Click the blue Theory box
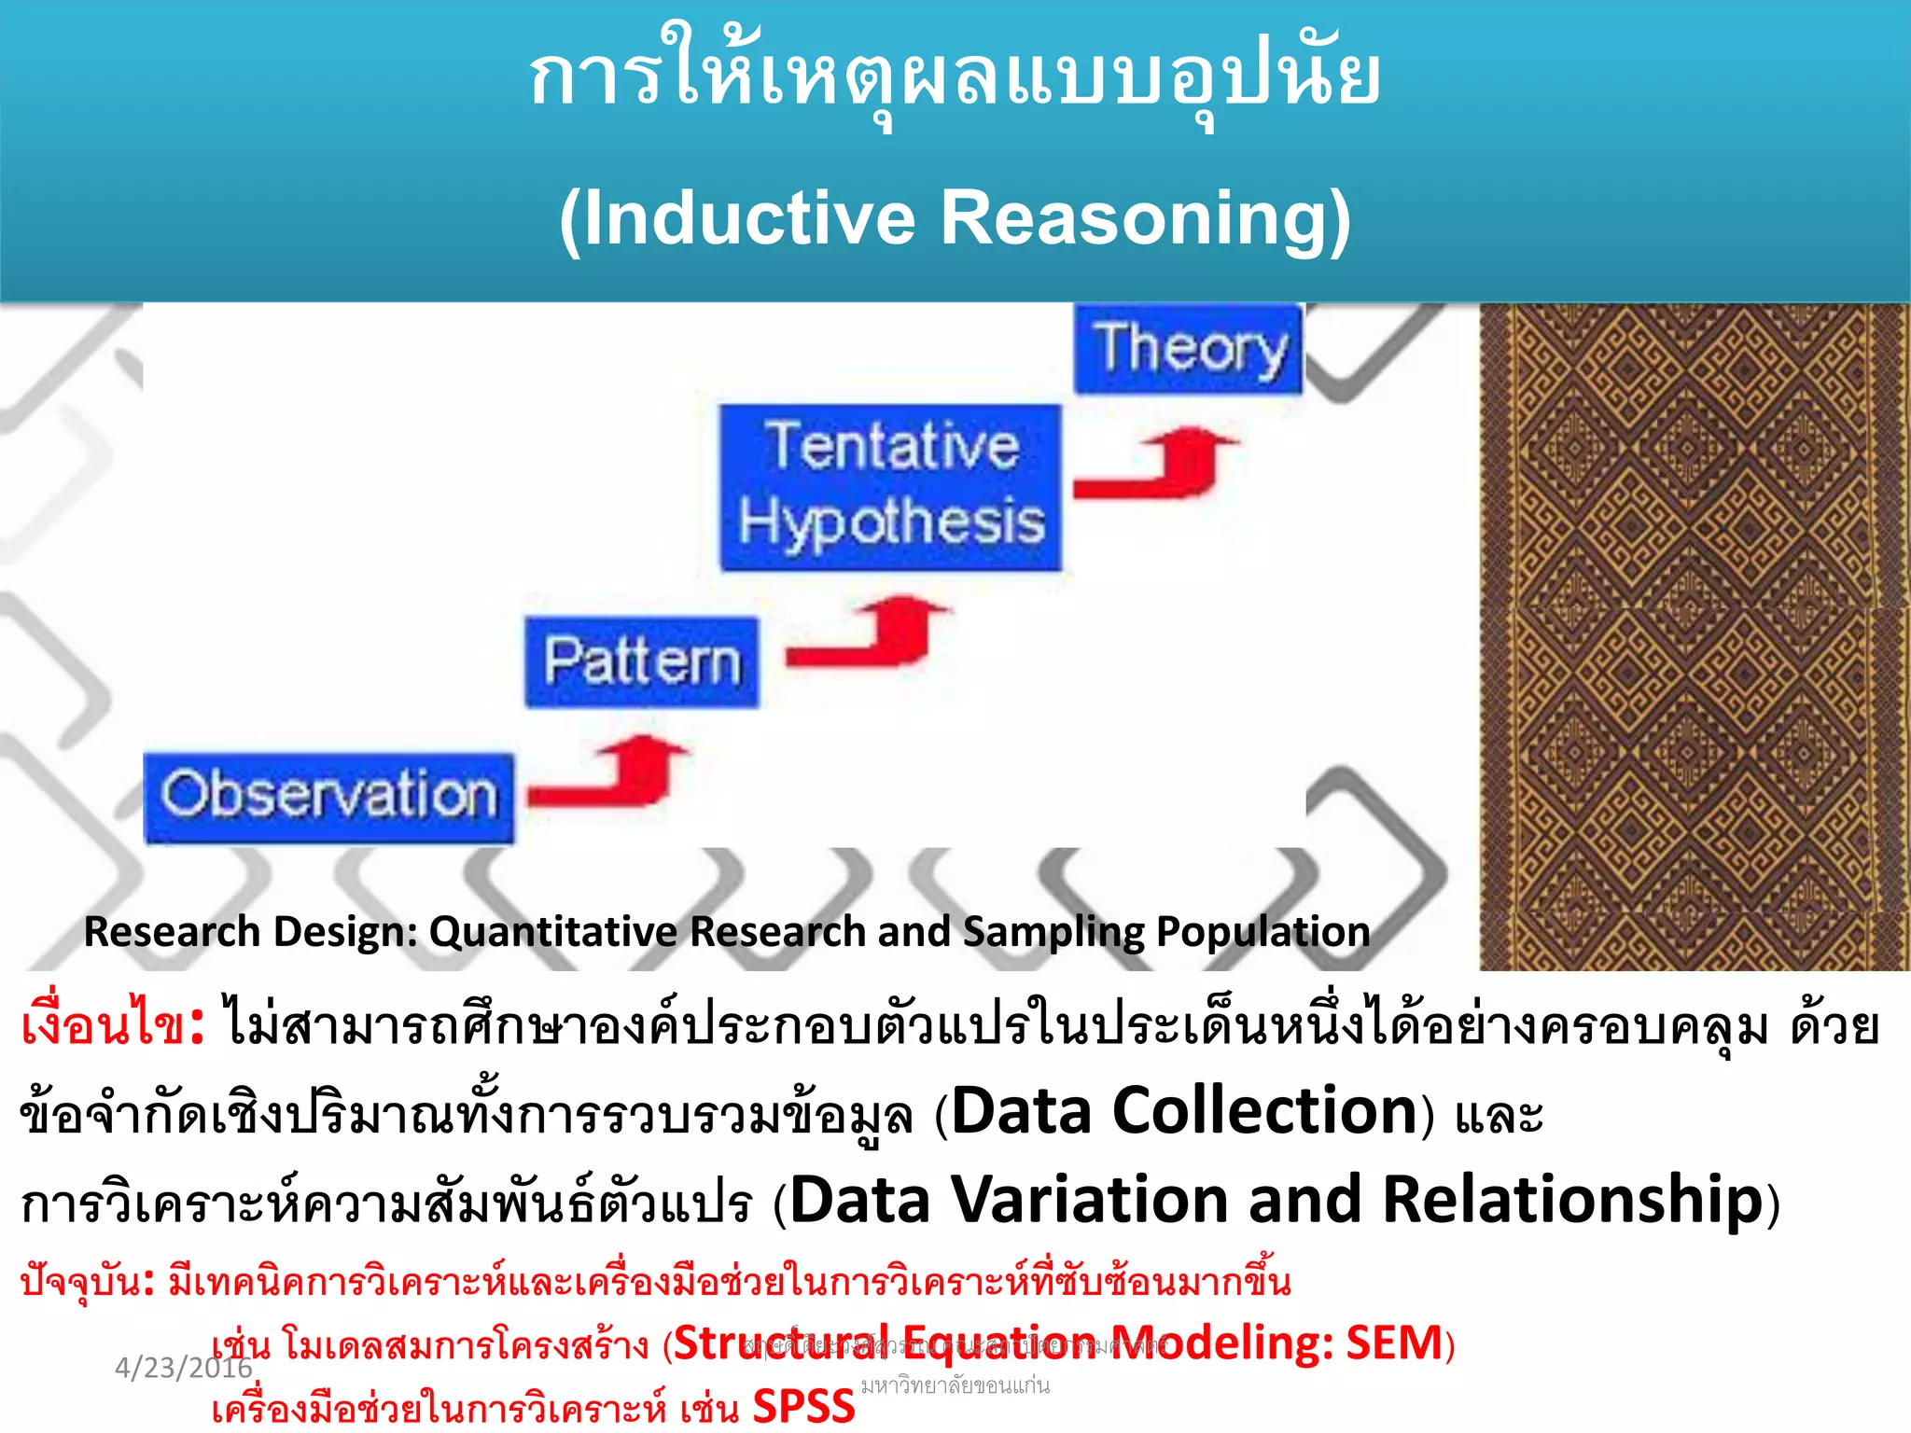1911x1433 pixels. pyautogui.click(x=1187, y=349)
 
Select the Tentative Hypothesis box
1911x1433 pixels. pyautogui.click(x=890, y=487)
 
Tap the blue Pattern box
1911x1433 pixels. pyautogui.click(x=642, y=662)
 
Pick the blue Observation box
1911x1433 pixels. pyautogui.click(x=328, y=797)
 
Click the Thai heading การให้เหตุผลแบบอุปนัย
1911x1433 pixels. pyautogui.click(x=954, y=78)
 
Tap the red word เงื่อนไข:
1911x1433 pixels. pyautogui.click(x=112, y=1026)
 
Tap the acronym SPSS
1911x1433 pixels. pyautogui.click(x=803, y=1407)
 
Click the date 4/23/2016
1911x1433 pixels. pyautogui.click(x=183, y=1368)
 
